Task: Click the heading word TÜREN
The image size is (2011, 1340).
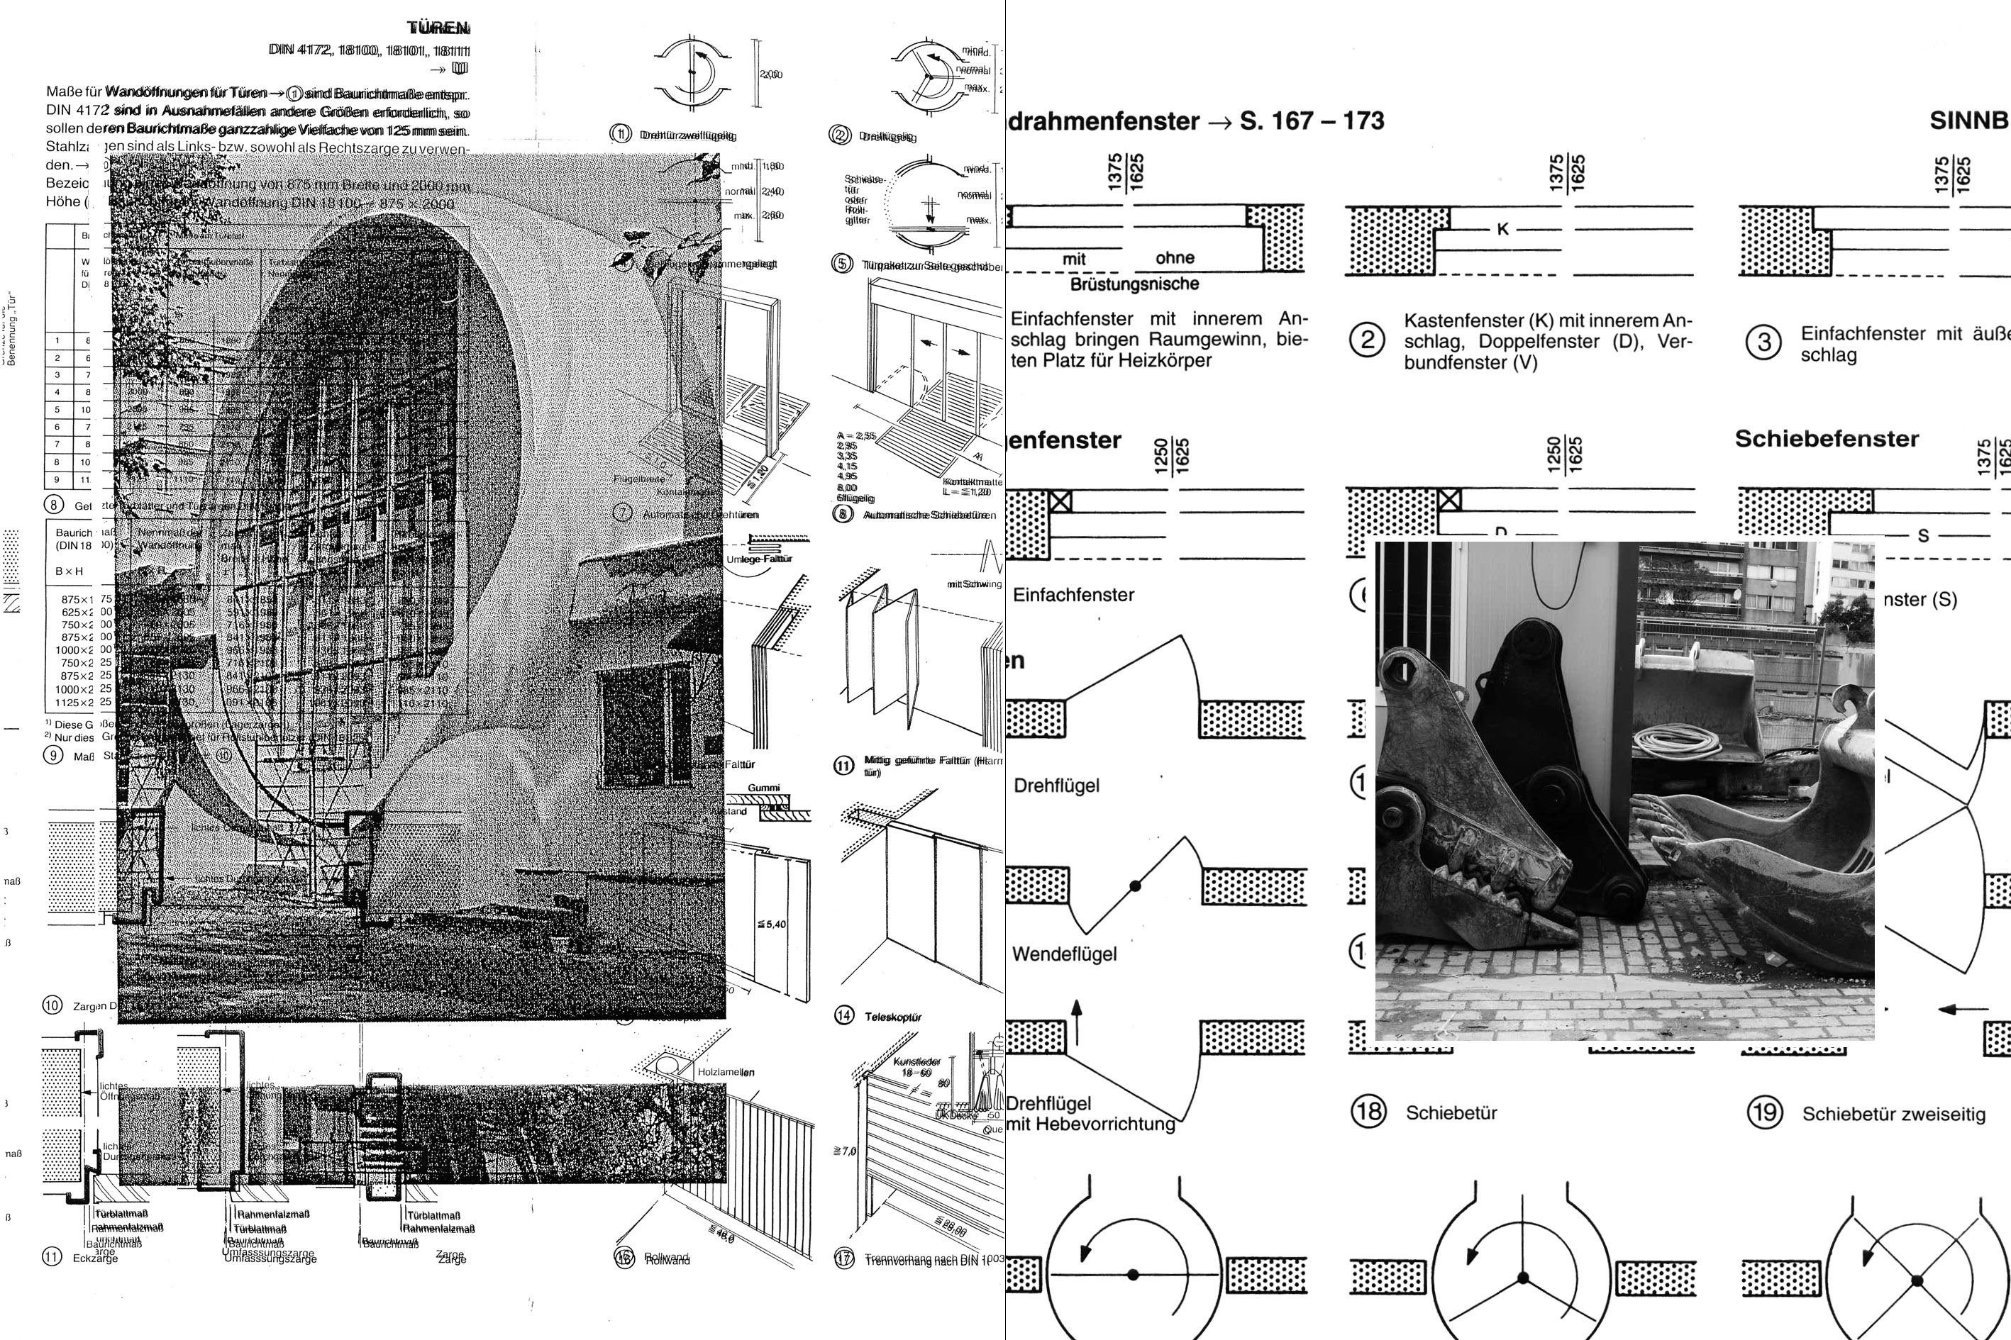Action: click(438, 28)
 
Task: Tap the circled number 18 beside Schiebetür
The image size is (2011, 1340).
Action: click(1368, 1111)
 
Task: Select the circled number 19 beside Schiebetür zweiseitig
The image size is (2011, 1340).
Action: click(1764, 1112)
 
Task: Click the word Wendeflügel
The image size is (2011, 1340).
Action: click(1065, 954)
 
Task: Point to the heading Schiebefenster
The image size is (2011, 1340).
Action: click(1827, 440)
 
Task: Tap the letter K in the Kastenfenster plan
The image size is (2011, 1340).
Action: click(1502, 229)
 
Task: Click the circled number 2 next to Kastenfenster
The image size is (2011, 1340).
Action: click(1367, 341)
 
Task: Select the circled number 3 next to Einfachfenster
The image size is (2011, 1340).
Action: click(1763, 342)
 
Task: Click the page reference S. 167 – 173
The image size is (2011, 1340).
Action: click(1312, 121)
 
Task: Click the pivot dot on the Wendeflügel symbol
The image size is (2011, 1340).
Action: click(1136, 886)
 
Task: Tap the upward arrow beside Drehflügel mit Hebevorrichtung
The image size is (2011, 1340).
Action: click(1077, 1020)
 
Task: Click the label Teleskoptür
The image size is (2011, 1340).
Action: click(892, 1017)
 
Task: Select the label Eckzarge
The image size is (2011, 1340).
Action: click(95, 1258)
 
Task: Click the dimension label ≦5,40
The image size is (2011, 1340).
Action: click(771, 925)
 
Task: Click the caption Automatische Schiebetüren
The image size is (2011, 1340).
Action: click(929, 515)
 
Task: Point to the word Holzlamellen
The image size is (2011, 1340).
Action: click(726, 1072)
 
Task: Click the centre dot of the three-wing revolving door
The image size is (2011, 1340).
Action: click(1523, 1278)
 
